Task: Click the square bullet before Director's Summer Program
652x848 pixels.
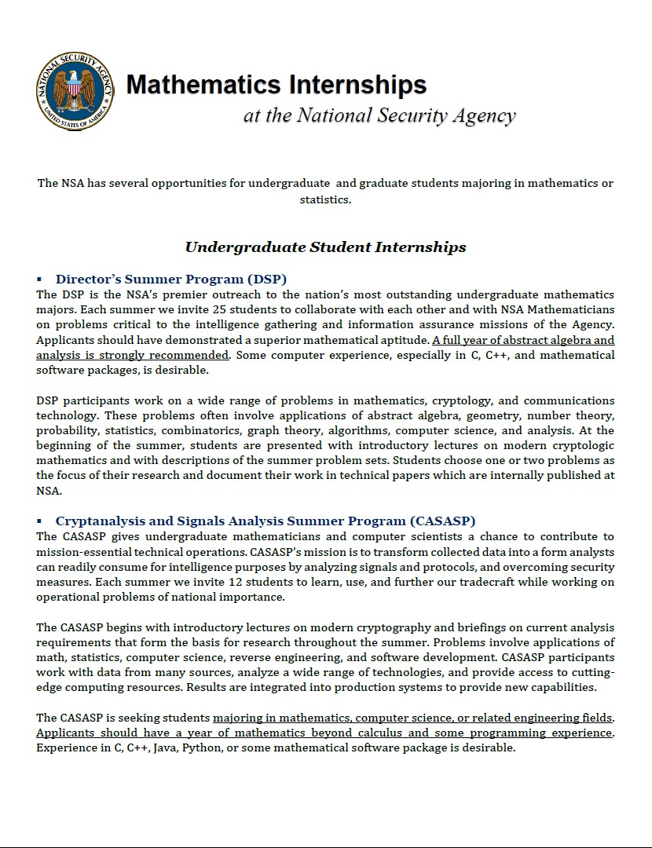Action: click(x=39, y=280)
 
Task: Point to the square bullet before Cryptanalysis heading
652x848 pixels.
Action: click(x=39, y=521)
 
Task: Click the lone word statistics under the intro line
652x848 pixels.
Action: click(x=325, y=199)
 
